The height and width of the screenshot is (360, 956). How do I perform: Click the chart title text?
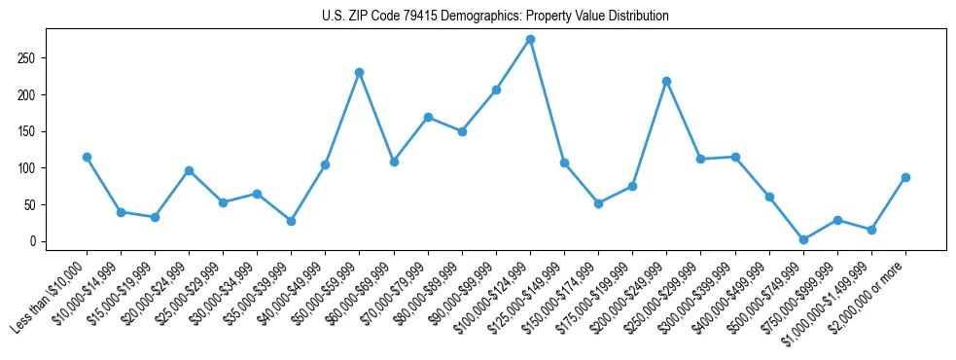pyautogui.click(x=495, y=17)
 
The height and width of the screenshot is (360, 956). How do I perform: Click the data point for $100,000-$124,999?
pyautogui.click(x=530, y=39)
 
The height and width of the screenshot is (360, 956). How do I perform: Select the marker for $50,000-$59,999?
pyautogui.click(x=359, y=72)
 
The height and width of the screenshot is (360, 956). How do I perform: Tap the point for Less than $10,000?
pyautogui.click(x=87, y=157)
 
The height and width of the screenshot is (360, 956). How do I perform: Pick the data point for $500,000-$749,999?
pyautogui.click(x=803, y=239)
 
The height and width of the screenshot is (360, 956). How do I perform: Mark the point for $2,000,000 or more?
pyautogui.click(x=905, y=177)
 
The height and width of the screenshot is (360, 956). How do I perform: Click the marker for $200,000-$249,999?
pyautogui.click(x=666, y=81)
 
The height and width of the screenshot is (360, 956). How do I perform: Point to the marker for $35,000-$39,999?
pyautogui.click(x=291, y=221)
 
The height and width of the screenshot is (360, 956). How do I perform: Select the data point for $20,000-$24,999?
pyautogui.click(x=189, y=170)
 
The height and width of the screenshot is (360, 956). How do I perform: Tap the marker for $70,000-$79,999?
pyautogui.click(x=428, y=117)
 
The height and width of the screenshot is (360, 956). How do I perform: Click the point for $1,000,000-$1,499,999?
pyautogui.click(x=871, y=230)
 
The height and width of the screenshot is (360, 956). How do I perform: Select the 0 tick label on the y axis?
pyautogui.click(x=33, y=241)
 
